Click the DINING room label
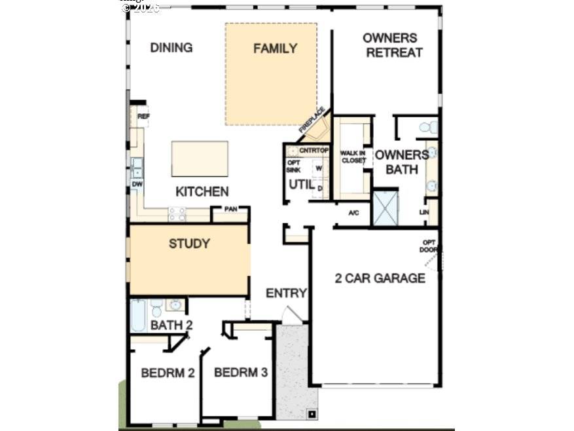click(x=171, y=48)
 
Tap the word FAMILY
click(x=275, y=48)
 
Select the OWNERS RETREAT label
click(x=393, y=45)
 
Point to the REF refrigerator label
click(x=143, y=117)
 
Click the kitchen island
click(x=200, y=159)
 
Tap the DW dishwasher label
click(x=137, y=185)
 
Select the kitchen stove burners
click(x=177, y=214)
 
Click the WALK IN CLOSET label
click(x=353, y=157)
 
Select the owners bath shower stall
click(x=385, y=208)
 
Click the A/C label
click(x=354, y=213)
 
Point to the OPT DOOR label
click(x=429, y=246)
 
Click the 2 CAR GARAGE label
click(x=380, y=278)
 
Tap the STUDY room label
click(x=189, y=244)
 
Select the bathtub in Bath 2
click(x=138, y=315)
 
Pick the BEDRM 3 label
click(x=241, y=373)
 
